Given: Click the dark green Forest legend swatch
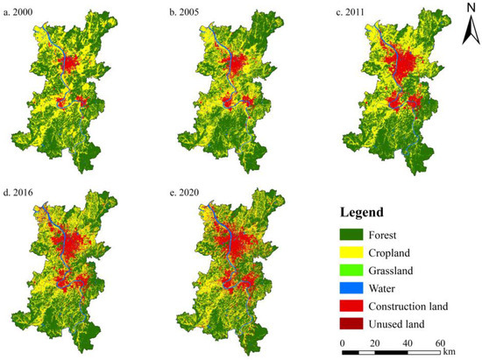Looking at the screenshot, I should pos(355,234).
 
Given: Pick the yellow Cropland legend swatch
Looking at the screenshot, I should pos(355,253).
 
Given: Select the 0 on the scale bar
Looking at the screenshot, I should pos(342,343).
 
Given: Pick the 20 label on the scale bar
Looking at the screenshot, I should pos(374,343).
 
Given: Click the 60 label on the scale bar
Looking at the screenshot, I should pos(440,343).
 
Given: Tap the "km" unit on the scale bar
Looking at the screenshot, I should pos(450,350).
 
